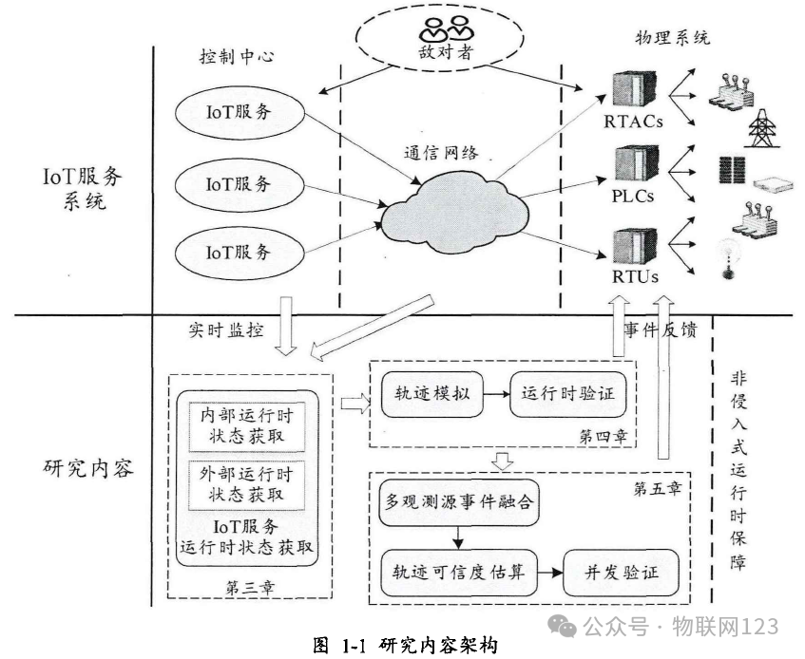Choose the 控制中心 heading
pos(237,57)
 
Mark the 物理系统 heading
pos(671,39)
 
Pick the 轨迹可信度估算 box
pos(454,573)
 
